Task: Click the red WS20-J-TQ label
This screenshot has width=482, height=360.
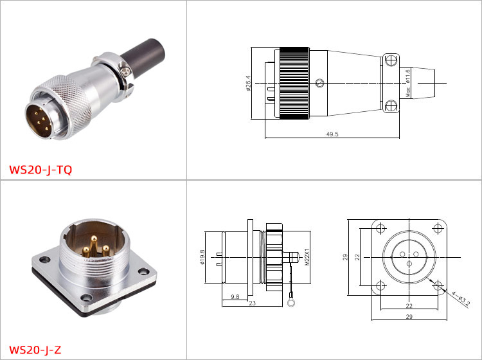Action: [40, 170]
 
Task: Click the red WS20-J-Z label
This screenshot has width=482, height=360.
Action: [35, 350]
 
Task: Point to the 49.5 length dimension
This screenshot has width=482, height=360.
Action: [332, 134]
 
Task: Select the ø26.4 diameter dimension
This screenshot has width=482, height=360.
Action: [248, 84]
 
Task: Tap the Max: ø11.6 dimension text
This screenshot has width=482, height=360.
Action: [408, 84]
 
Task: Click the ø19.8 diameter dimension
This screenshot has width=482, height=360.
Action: [202, 257]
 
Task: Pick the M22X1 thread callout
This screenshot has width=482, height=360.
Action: [307, 257]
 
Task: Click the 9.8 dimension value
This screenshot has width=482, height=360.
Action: [235, 296]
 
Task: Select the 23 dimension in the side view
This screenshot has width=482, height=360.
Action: [252, 303]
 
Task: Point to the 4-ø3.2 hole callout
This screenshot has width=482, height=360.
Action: [461, 299]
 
